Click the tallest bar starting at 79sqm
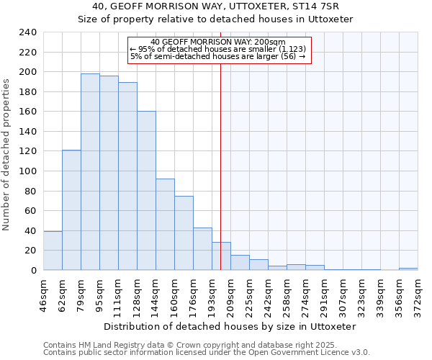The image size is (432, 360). point(90,171)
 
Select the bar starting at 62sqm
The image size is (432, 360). point(71,210)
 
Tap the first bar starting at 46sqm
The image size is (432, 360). point(53,251)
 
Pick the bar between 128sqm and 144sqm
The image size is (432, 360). point(146,191)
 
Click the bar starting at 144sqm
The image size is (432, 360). point(165,224)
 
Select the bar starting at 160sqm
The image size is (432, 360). point(184,233)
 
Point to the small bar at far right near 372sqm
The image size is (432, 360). point(408,269)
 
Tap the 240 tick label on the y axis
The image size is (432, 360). point(27,32)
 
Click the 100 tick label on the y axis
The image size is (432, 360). point(27,171)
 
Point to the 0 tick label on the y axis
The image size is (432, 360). point(33,271)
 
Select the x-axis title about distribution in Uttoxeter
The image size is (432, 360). point(230,326)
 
